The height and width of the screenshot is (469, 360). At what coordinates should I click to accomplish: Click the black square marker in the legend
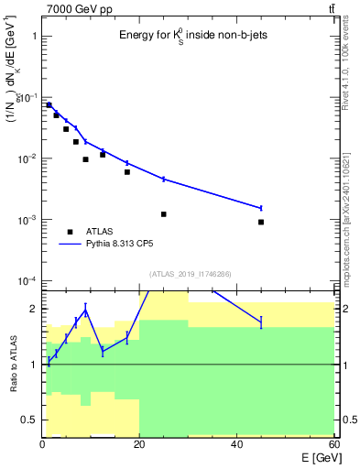[70, 232]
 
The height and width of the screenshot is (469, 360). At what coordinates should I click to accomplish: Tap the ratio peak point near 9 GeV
[85, 311]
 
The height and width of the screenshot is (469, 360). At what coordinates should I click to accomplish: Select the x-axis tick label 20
[139, 445]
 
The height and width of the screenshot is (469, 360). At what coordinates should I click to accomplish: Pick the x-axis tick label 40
[237, 445]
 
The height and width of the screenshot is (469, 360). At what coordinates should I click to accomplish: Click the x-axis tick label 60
[334, 445]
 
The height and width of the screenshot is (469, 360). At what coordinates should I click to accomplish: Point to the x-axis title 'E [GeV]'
[314, 459]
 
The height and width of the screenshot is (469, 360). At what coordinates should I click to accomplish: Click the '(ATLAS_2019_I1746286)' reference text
[189, 274]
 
